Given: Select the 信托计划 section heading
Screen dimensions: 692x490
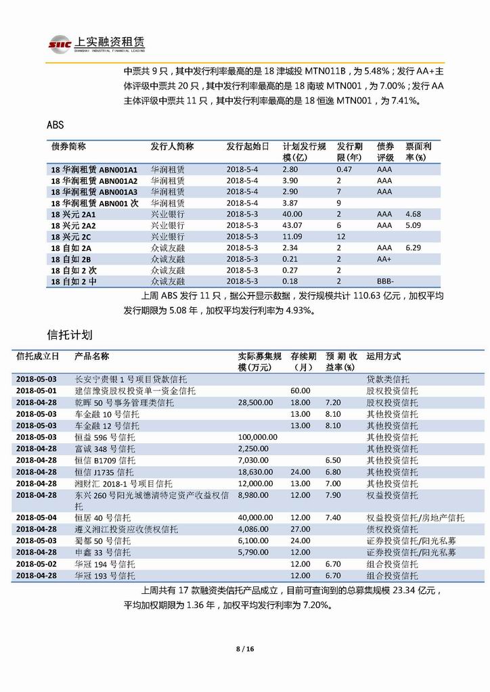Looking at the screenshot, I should coord(70,335).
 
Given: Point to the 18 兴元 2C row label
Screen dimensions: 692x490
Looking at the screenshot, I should coord(71,237).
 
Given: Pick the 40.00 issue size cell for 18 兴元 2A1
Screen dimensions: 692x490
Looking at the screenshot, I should coord(292,214).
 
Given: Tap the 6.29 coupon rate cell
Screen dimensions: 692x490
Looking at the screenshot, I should coord(413,248).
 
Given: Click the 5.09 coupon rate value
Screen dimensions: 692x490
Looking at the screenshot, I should coord(413,225).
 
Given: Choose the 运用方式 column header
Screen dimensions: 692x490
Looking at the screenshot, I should coord(383,356).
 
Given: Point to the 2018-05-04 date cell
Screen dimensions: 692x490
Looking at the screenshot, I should coord(37,517).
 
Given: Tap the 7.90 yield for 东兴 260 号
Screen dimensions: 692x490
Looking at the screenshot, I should coord(333,495).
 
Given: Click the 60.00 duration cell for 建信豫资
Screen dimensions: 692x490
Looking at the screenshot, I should coord(300,391).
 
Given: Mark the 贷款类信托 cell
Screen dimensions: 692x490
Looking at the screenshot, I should coord(388,379).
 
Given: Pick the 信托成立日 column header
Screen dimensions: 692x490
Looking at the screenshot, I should coord(38,356).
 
